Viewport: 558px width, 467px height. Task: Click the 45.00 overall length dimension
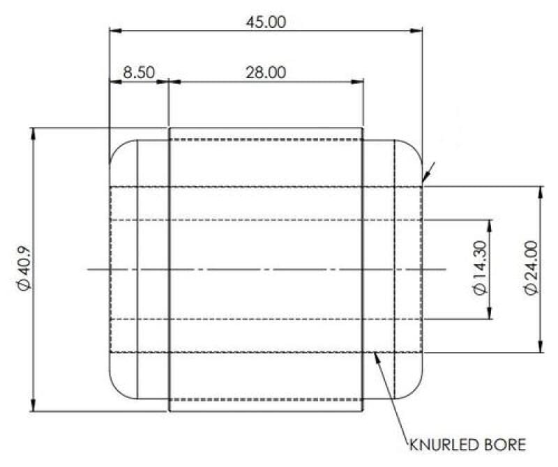click(266, 22)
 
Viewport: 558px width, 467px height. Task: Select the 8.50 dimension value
click(139, 72)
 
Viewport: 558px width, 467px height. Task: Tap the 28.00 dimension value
click(266, 72)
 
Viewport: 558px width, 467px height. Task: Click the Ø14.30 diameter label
click(480, 268)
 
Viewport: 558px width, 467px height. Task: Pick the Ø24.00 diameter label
click(531, 268)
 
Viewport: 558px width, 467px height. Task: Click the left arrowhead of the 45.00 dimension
click(116, 31)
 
